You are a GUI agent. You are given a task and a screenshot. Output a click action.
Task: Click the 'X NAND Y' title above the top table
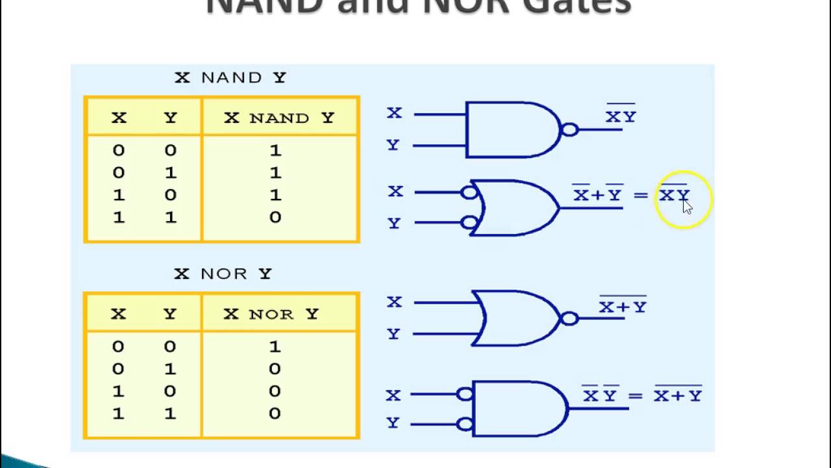coord(230,77)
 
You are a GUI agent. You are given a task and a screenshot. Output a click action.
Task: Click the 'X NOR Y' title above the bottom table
coord(223,274)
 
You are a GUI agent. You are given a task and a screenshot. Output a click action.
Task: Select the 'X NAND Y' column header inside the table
coord(279,118)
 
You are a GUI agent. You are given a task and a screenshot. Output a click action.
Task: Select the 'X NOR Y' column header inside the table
coord(271,314)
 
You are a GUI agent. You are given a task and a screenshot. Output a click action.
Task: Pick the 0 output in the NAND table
coord(275,217)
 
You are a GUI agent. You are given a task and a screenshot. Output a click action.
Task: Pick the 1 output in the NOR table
coord(275,346)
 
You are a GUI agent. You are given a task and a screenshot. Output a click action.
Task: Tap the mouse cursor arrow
coord(687,206)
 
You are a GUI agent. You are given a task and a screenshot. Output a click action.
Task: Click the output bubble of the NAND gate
coord(569,129)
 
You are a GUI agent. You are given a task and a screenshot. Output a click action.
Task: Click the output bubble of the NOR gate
coord(569,318)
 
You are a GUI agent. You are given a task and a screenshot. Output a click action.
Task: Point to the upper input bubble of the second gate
coord(469,192)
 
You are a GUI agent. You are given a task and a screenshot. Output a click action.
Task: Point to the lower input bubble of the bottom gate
coord(465,424)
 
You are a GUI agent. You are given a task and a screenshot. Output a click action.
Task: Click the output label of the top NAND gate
coord(621,116)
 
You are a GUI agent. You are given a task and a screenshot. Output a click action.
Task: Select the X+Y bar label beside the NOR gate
coord(623,306)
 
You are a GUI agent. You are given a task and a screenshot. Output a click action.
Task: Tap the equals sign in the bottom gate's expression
coord(635,396)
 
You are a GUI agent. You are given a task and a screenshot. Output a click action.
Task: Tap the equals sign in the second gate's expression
coord(641,195)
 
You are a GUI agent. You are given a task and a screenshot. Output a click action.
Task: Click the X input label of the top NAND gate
coord(394,113)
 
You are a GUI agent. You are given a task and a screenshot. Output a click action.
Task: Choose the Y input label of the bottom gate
coord(393,423)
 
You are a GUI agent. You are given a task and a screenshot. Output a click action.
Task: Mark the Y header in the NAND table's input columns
coord(170,118)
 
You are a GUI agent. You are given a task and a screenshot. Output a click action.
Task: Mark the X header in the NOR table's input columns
coord(118,314)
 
